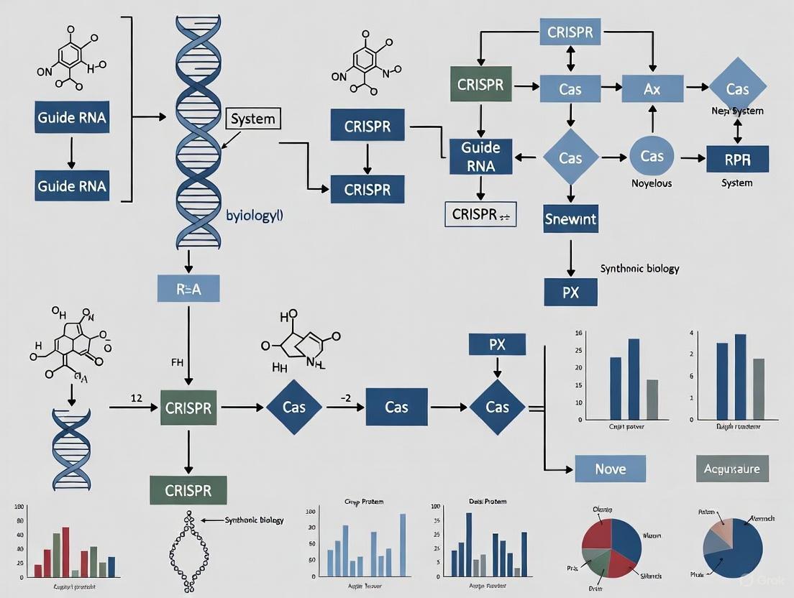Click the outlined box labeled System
click(253, 119)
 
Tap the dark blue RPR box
click(737, 158)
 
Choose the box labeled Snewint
click(570, 218)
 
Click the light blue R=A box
click(188, 288)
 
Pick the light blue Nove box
click(610, 469)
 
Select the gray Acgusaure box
click(732, 469)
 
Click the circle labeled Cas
click(652, 157)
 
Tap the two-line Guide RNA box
click(480, 157)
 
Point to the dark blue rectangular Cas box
click(396, 407)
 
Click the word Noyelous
click(652, 183)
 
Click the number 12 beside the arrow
click(134, 397)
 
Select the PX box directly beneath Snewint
click(570, 293)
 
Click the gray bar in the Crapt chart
click(652, 399)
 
